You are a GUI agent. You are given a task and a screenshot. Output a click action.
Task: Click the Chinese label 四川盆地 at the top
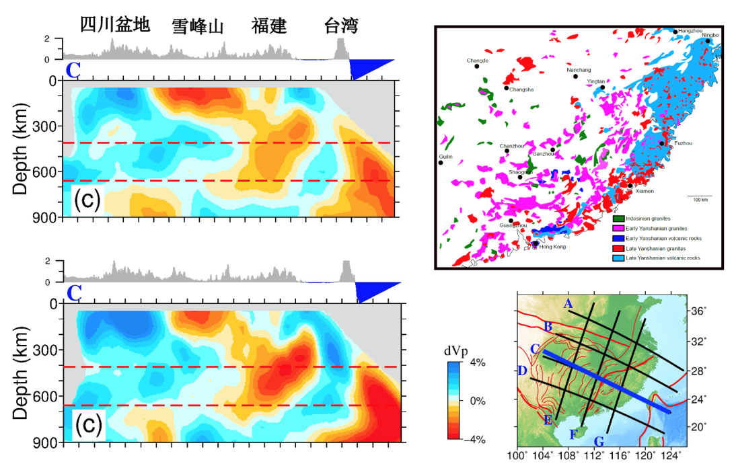[114, 26]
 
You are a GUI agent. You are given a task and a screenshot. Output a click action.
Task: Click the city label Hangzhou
[690, 31]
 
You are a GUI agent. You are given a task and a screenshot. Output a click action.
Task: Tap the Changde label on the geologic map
[477, 61]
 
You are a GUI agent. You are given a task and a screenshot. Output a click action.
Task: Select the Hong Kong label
[552, 247]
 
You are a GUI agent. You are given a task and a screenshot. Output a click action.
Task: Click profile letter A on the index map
[568, 304]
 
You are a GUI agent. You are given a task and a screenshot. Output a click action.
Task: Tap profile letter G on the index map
[599, 441]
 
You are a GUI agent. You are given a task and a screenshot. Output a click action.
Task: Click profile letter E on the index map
[548, 420]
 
